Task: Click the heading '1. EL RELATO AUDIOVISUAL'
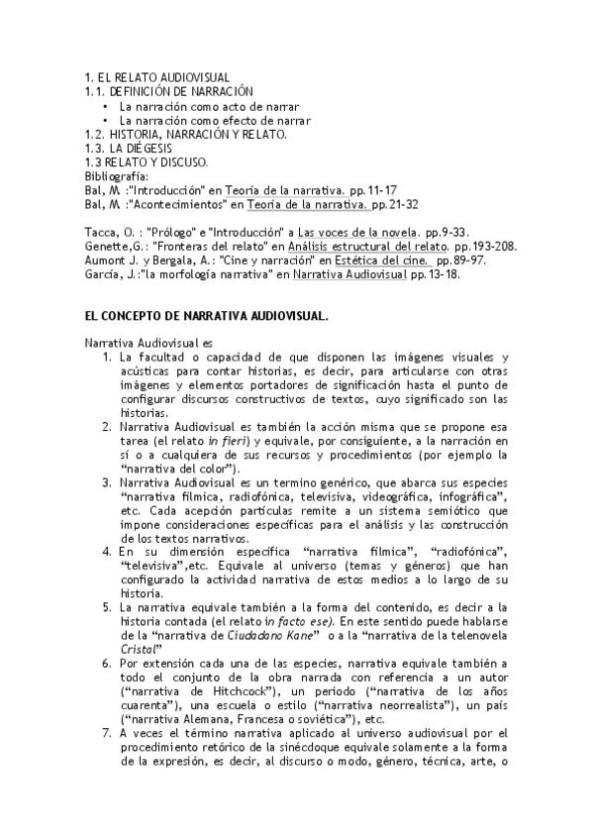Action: tap(157, 77)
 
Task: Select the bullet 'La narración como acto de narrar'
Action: tap(209, 106)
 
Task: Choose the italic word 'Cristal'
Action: tap(135, 648)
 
